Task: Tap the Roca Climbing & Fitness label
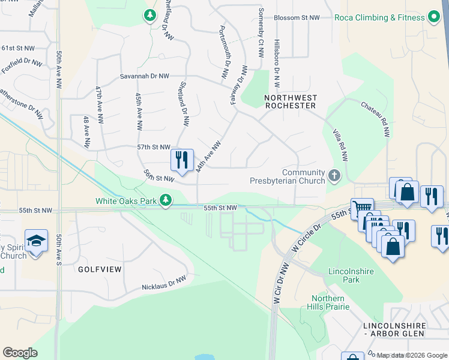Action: tap(381, 17)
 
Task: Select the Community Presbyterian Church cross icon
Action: tap(335, 176)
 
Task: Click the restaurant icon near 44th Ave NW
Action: tap(182, 160)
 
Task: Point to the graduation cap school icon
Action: tap(37, 241)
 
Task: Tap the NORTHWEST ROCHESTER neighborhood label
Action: tap(291, 101)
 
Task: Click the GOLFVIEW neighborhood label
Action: tap(100, 269)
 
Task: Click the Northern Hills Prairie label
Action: tap(328, 303)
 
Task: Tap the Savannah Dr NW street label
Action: tap(145, 76)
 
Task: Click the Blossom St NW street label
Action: tap(297, 18)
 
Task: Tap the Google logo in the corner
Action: tap(20, 352)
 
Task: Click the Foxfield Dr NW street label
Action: tap(22, 67)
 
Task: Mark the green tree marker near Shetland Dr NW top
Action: tap(149, 16)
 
